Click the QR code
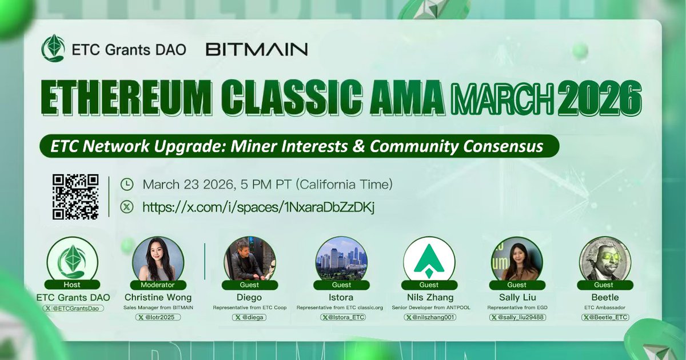(x=75, y=197)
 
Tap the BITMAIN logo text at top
(x=256, y=49)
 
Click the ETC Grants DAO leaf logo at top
(x=53, y=49)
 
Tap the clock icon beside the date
(x=127, y=185)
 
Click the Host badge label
(x=72, y=285)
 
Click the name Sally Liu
(x=517, y=297)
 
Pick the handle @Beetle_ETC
(x=607, y=317)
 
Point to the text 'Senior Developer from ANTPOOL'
(x=429, y=307)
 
